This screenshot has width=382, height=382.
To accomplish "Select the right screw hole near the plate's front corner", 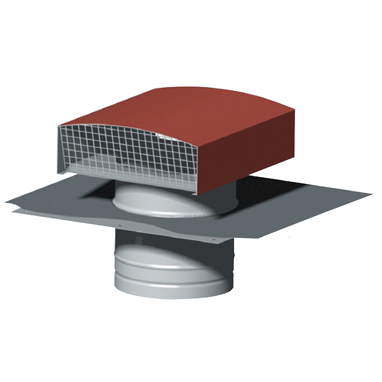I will click(x=215, y=241).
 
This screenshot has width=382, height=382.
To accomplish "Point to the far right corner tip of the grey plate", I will click(x=372, y=194).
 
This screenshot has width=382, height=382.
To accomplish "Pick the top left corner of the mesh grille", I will click(x=59, y=126).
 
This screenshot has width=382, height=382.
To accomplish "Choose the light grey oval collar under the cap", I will click(x=168, y=201).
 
